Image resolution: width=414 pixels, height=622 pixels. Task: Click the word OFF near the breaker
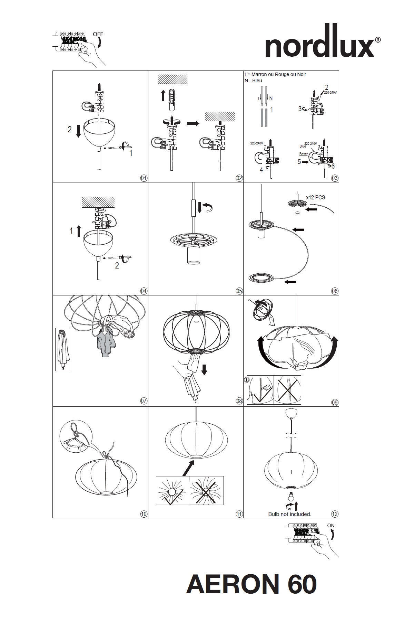(98, 35)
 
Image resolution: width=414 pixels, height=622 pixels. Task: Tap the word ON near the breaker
(331, 526)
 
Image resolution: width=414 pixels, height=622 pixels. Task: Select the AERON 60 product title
(251, 584)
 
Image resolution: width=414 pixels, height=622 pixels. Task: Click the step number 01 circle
(144, 178)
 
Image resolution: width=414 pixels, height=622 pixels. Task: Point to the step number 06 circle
(335, 291)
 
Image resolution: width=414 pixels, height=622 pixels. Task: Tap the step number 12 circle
(335, 514)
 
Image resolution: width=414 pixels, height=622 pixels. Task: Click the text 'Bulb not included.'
(290, 514)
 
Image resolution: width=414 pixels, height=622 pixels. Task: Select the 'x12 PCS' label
(315, 198)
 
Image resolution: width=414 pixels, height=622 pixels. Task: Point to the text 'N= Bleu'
(253, 81)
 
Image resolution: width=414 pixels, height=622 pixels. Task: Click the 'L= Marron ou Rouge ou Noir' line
(275, 74)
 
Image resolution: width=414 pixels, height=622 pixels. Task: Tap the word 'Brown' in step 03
(304, 154)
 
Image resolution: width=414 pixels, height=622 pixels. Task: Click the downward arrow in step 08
(204, 369)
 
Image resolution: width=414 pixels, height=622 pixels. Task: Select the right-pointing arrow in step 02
(193, 123)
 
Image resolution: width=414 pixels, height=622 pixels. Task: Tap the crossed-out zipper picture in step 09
(287, 390)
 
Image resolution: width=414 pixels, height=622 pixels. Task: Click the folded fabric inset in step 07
(63, 349)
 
